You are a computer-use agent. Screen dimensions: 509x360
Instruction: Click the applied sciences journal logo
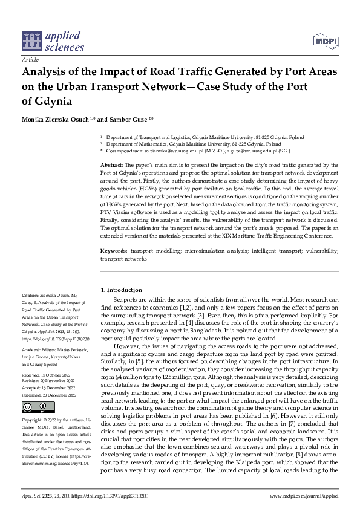point(46,41)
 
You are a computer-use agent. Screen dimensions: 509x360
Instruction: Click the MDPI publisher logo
point(325,41)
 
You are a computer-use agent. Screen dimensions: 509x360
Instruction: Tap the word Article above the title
point(30,60)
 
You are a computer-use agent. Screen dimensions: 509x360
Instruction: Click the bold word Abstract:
point(113,164)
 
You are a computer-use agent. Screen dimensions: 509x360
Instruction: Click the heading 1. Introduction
point(122,290)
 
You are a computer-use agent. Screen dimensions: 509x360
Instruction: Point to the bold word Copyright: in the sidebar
point(33,419)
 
